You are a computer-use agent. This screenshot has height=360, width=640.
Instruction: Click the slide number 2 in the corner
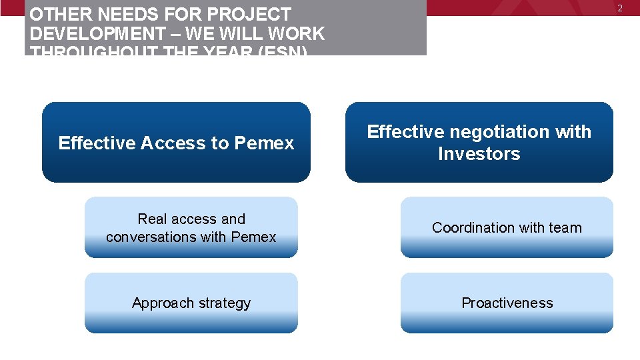pos(619,8)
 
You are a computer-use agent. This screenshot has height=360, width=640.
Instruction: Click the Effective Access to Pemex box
pos(176,142)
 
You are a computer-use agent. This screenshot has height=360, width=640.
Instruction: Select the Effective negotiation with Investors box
pos(479,142)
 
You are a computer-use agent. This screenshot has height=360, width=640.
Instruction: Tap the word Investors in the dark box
pos(479,154)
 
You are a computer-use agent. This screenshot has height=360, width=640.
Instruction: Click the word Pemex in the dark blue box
pos(264,143)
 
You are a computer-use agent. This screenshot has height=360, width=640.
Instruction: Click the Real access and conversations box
pos(191,227)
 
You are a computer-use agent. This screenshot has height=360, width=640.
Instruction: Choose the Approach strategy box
pos(191,303)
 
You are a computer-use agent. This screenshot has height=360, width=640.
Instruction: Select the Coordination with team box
pos(507,227)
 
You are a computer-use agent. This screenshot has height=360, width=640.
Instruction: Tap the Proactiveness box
pos(507,303)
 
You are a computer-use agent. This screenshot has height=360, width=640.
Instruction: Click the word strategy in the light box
pos(221,303)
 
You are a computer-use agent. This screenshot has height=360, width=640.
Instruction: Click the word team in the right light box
pos(565,227)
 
